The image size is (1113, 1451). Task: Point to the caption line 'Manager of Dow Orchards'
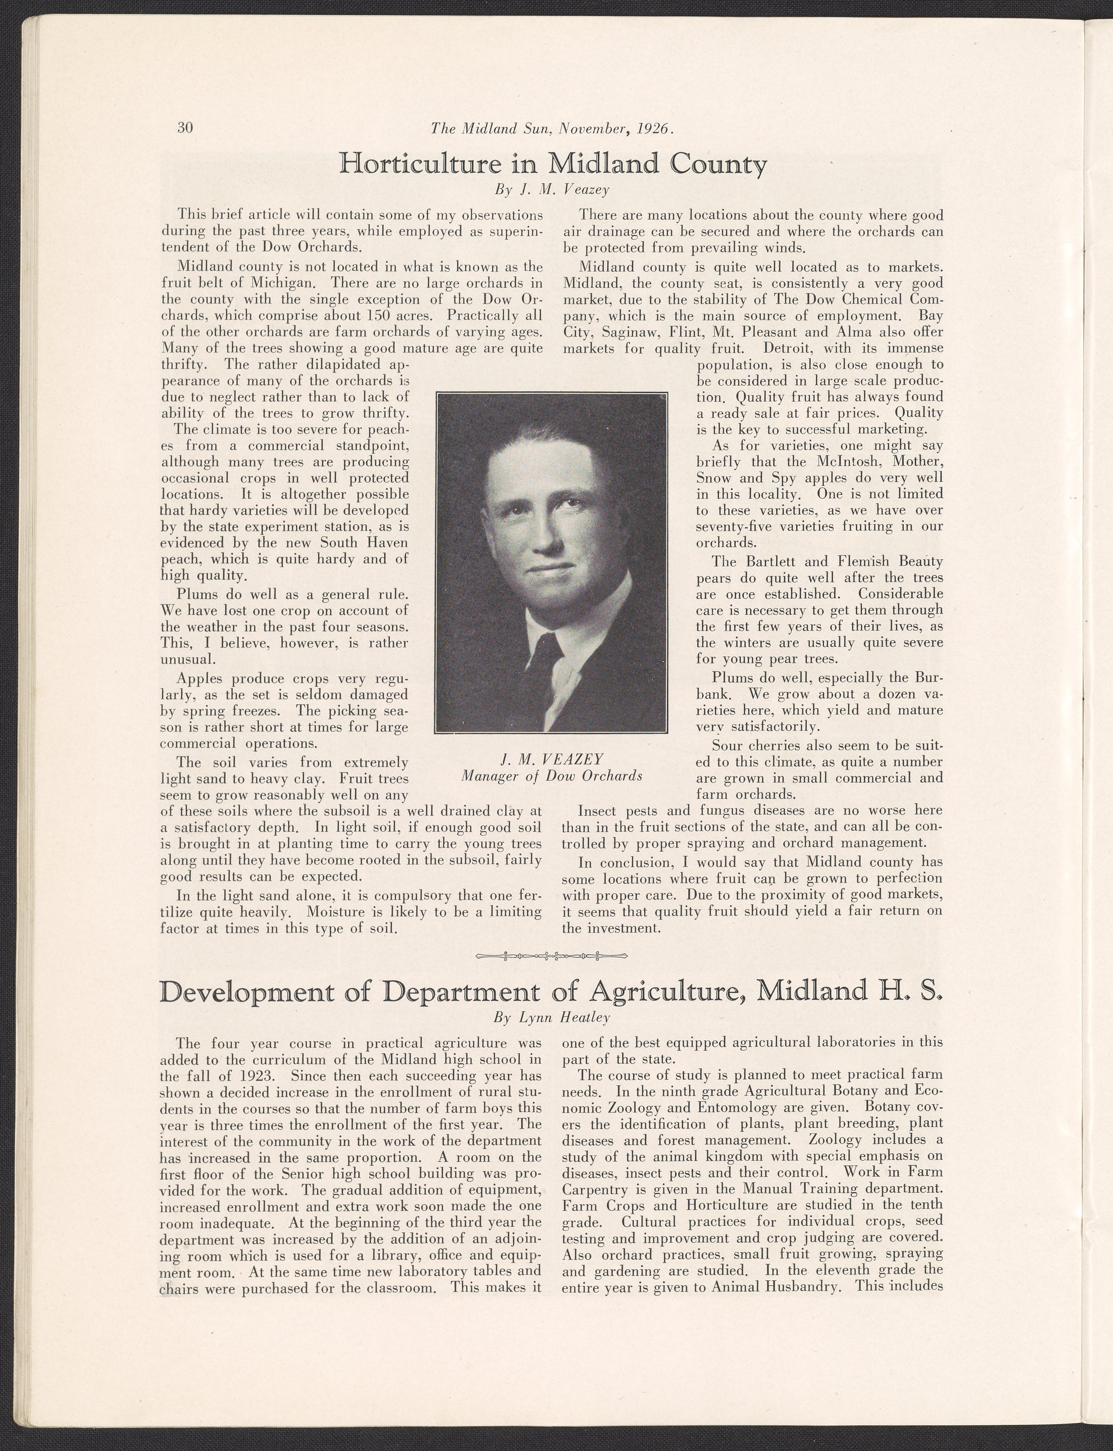point(551,775)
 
